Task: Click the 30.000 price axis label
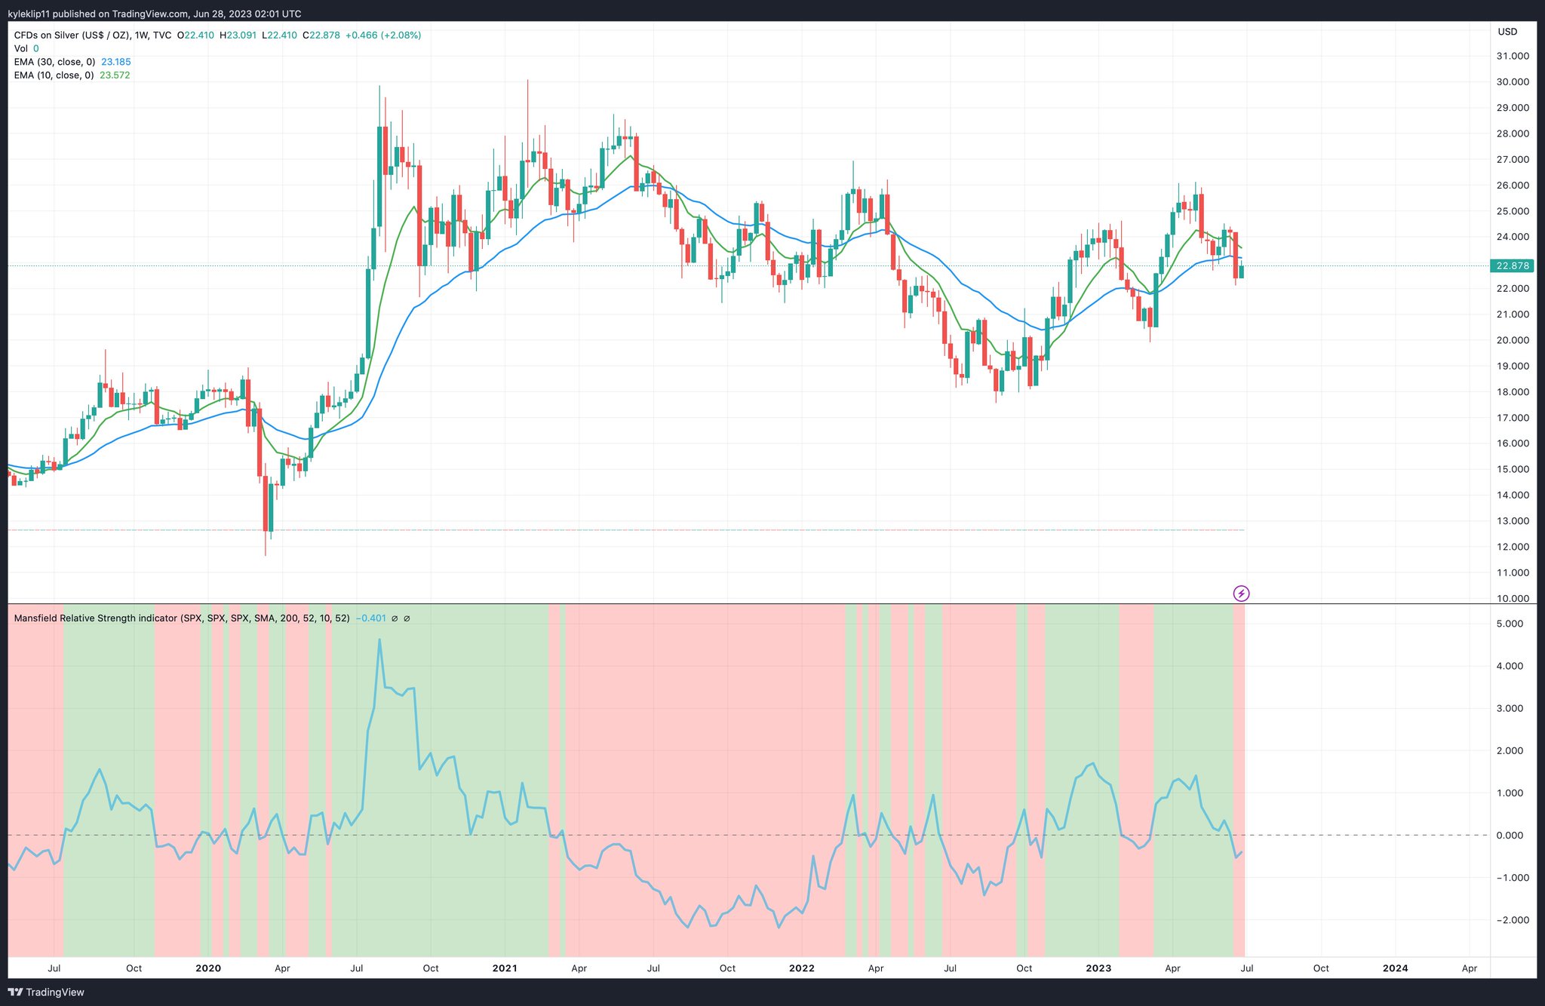pos(1513,82)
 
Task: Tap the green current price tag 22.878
pos(1513,265)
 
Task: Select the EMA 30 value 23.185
pos(116,62)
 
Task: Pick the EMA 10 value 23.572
pos(115,75)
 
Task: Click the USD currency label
pos(1507,32)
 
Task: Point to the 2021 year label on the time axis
pos(504,968)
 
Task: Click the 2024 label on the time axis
pos(1395,968)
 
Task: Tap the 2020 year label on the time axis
pos(207,968)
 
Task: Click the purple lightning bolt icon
pos(1241,593)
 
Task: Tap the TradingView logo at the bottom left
pos(46,992)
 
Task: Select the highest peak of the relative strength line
pos(379,639)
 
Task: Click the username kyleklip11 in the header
pos(29,14)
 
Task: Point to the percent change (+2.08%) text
pos(401,35)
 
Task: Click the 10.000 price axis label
pos(1513,599)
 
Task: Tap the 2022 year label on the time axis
pos(801,968)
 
